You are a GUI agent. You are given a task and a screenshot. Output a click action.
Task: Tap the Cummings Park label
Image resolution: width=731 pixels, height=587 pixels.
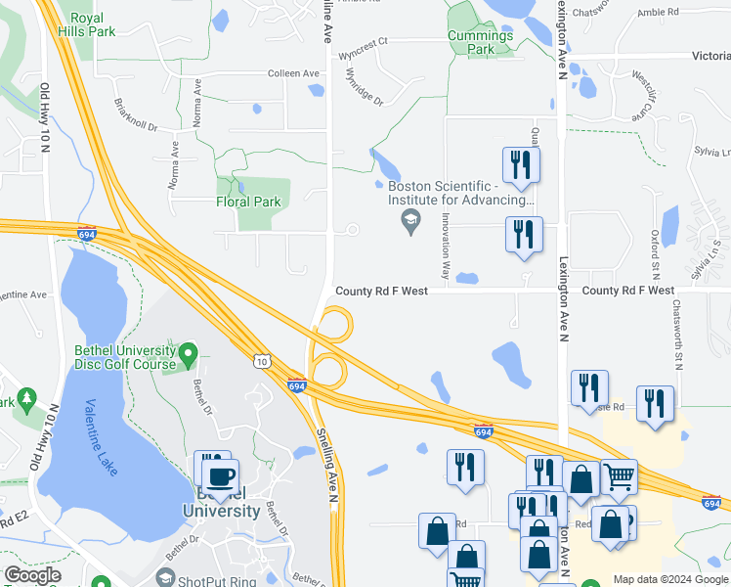[480, 42]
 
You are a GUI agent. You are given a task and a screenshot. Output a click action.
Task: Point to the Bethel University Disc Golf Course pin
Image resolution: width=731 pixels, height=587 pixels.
[188, 351]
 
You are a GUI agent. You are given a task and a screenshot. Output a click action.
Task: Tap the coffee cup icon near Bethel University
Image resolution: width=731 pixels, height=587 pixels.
[219, 475]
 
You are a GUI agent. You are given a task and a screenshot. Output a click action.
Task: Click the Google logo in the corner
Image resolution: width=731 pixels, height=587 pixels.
[33, 575]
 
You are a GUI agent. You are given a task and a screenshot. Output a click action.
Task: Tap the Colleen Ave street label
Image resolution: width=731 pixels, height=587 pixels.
[295, 73]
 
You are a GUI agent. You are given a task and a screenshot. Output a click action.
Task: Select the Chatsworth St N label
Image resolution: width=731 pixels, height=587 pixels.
[676, 334]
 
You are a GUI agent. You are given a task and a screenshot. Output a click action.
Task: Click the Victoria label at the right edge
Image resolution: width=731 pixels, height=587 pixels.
[710, 57]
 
